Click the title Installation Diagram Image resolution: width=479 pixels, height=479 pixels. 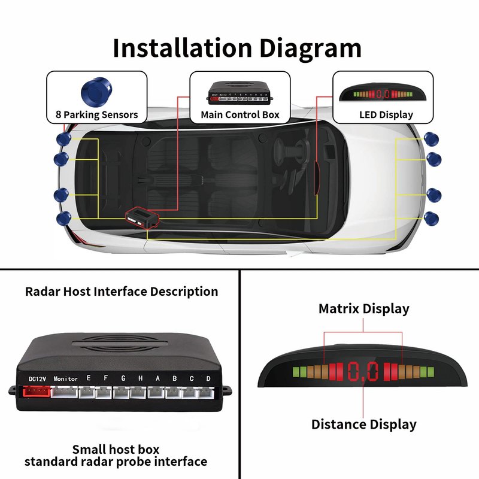coord(237,48)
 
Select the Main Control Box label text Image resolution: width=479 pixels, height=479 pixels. coord(240,114)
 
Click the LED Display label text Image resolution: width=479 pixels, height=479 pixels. coord(386,114)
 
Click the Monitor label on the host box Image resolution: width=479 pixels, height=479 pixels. coord(65,378)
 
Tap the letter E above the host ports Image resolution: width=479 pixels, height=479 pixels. coord(89,378)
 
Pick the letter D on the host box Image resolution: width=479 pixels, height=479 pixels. coord(208,378)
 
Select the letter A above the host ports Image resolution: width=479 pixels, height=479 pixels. coord(157,378)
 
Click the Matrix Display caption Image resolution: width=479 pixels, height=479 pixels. coord(363,309)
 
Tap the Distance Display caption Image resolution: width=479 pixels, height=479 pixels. coord(363,425)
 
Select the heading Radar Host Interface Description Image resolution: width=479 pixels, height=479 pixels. coord(122,292)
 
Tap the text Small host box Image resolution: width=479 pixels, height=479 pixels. coord(116,449)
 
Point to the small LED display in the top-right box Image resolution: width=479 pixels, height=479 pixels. coord(383,94)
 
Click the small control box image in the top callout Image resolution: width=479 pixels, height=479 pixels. coord(239,92)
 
